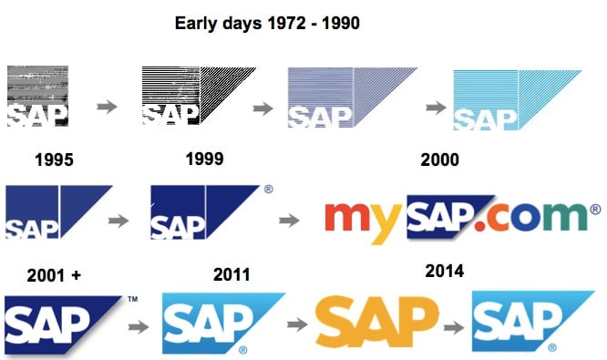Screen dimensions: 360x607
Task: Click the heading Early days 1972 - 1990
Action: pyautogui.click(x=267, y=23)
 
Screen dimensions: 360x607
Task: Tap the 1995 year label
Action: pyautogui.click(x=55, y=160)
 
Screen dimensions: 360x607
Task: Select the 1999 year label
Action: pyautogui.click(x=204, y=159)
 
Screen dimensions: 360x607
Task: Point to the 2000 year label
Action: pyautogui.click(x=439, y=160)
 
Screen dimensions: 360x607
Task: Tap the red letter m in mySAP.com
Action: pyautogui.click(x=347, y=218)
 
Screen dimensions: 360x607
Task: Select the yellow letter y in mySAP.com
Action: pyautogui.click(x=386, y=224)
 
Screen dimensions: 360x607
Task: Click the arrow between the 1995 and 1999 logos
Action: pyautogui.click(x=118, y=221)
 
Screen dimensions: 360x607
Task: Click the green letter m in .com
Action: pyautogui.click(x=566, y=220)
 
